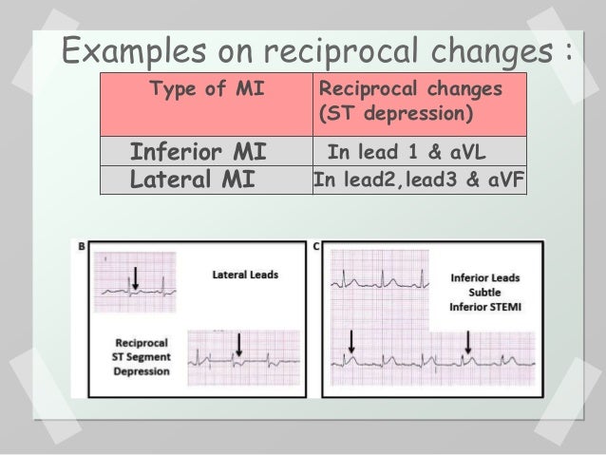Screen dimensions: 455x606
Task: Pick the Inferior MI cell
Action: pos(198,151)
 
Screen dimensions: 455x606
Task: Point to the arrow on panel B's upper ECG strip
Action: pos(136,276)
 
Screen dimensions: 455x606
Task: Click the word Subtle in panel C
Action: pos(485,293)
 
